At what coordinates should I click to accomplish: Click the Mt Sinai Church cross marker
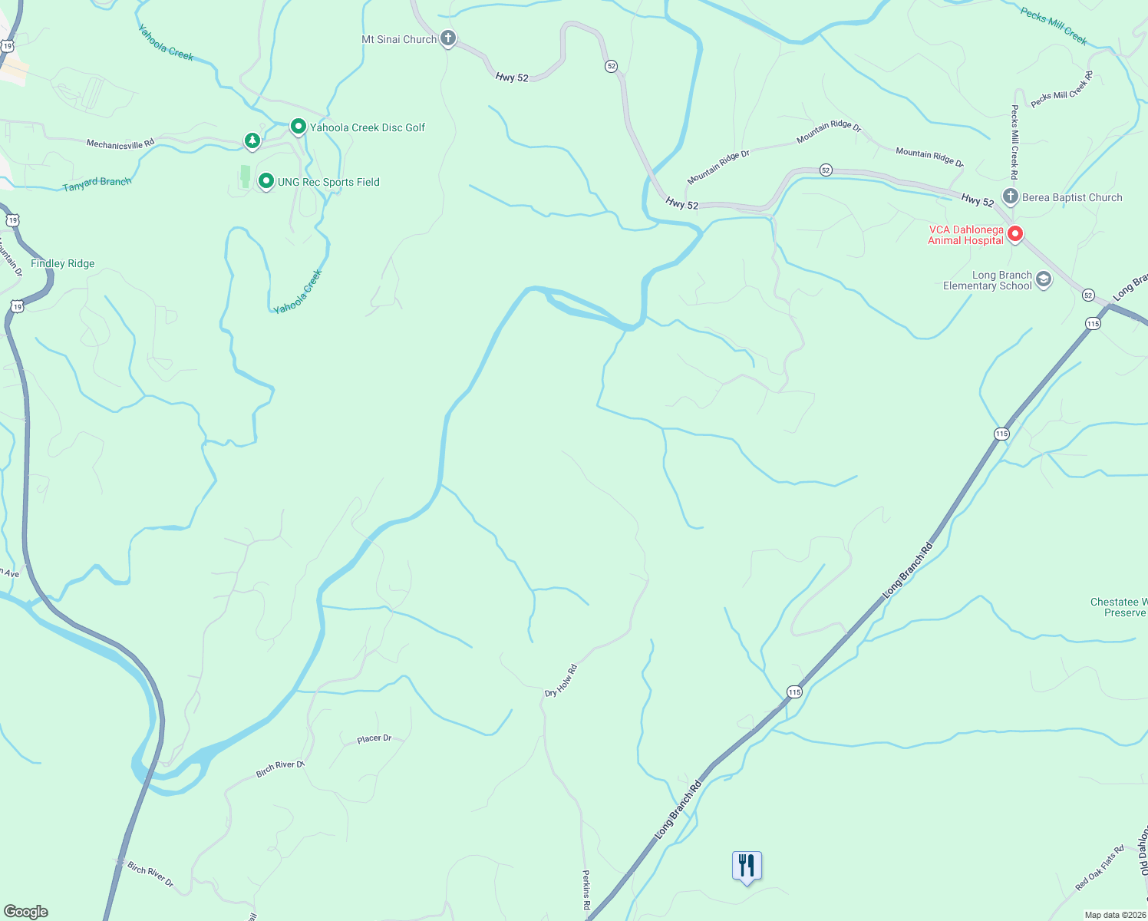click(x=448, y=38)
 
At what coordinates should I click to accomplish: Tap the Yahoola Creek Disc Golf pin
click(x=299, y=127)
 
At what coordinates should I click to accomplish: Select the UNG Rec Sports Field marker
click(x=266, y=181)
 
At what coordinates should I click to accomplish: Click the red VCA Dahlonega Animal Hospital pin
click(x=1015, y=233)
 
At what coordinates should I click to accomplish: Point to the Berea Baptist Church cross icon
click(x=1011, y=196)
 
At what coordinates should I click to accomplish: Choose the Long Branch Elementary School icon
click(x=1044, y=279)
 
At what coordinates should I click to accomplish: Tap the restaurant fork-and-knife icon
click(x=747, y=866)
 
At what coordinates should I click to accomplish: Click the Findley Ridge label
click(x=63, y=263)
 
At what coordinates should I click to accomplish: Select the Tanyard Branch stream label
click(x=97, y=183)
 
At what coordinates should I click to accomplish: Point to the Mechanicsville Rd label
click(x=120, y=144)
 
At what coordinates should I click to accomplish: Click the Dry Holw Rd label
click(x=561, y=681)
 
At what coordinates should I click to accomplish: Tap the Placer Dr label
click(x=374, y=738)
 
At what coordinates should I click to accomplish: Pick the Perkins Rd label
click(x=586, y=890)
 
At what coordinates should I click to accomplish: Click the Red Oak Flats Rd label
click(x=1100, y=867)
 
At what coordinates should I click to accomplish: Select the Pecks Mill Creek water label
click(x=1054, y=25)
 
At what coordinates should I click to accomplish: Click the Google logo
click(x=25, y=912)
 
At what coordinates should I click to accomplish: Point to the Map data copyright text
click(x=1115, y=915)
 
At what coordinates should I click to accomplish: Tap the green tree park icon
click(x=252, y=140)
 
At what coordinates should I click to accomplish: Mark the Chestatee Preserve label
click(x=1119, y=607)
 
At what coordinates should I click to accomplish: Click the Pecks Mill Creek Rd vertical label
click(x=1014, y=137)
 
